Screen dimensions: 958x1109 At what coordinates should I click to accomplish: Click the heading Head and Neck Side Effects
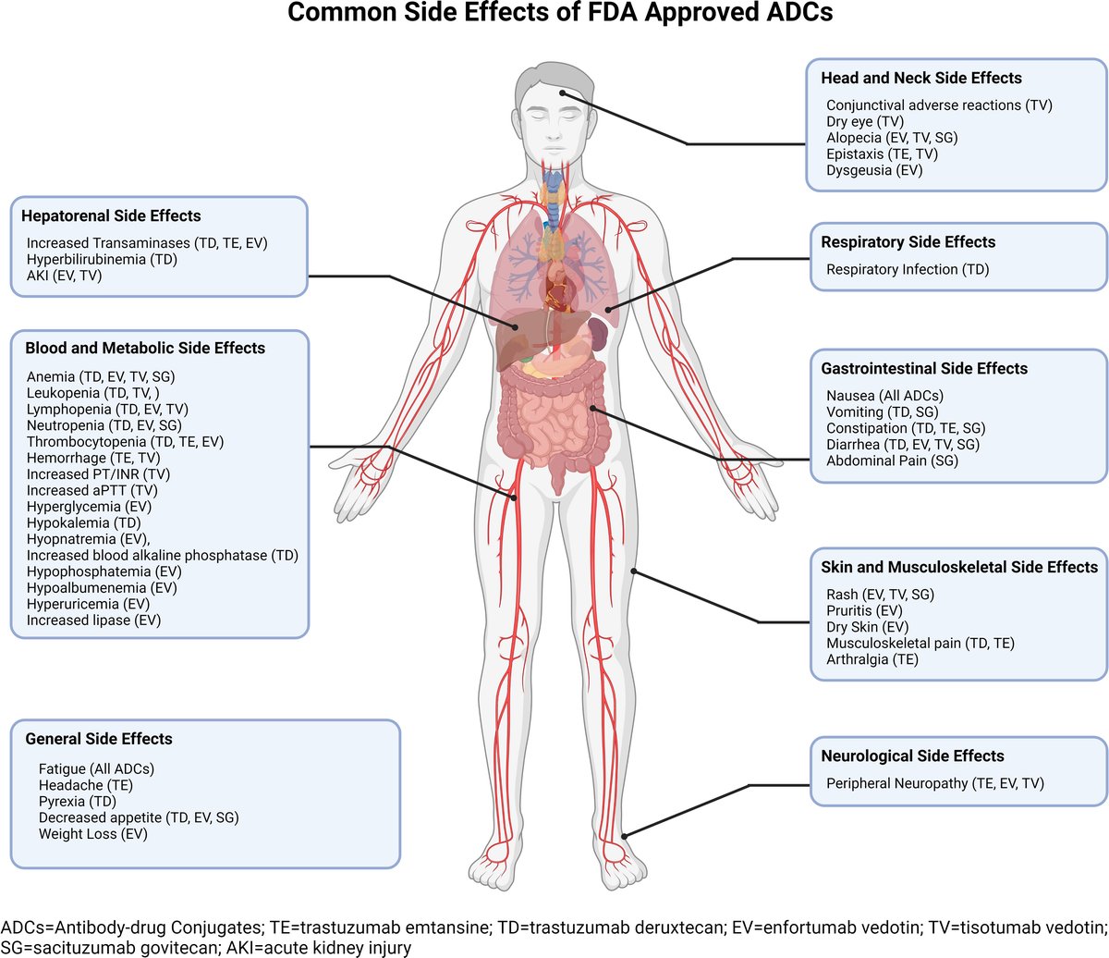pyautogui.click(x=921, y=78)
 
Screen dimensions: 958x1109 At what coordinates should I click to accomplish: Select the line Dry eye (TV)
pyautogui.click(x=865, y=121)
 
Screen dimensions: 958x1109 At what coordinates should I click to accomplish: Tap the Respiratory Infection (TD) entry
pyautogui.click(x=907, y=269)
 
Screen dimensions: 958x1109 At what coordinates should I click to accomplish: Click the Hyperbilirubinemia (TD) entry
pyautogui.click(x=102, y=259)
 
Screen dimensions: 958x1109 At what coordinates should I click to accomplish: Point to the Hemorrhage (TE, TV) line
pyautogui.click(x=93, y=458)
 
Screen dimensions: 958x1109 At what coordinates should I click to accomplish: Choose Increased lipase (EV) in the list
pyautogui.click(x=93, y=620)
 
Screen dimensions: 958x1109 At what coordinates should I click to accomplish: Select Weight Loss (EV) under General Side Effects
pyautogui.click(x=92, y=833)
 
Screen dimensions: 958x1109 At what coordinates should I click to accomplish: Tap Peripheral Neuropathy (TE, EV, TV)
pyautogui.click(x=934, y=783)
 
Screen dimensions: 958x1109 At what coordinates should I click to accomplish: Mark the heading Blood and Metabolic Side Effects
pyautogui.click(x=145, y=348)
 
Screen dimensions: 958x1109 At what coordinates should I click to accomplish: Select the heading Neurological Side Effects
pyautogui.click(x=912, y=755)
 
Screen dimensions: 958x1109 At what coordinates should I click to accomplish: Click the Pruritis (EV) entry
pyautogui.click(x=864, y=610)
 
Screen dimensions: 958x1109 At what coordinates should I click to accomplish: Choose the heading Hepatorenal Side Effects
pyautogui.click(x=111, y=215)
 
